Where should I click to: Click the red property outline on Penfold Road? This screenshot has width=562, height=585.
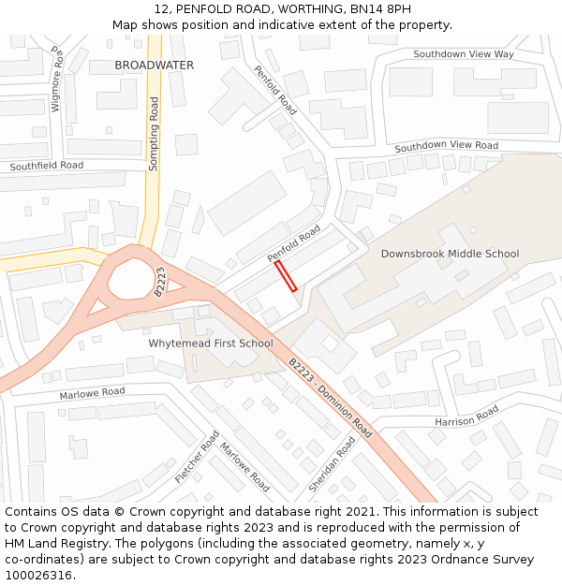point(286,276)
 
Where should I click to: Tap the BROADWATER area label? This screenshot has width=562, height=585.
point(154,66)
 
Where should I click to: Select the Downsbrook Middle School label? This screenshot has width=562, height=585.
point(450,254)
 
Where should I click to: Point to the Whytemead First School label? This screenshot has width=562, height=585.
point(211,344)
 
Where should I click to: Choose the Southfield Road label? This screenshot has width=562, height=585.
point(47,166)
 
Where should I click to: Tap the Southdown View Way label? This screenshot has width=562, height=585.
point(464,54)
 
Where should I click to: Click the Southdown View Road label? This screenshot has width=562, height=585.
point(446,146)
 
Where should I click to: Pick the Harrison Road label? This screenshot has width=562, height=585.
point(466,417)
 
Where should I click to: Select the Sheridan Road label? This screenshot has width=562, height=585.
point(332,465)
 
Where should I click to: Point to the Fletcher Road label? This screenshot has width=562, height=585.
point(197,457)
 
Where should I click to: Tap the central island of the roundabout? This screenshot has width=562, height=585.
point(127,278)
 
